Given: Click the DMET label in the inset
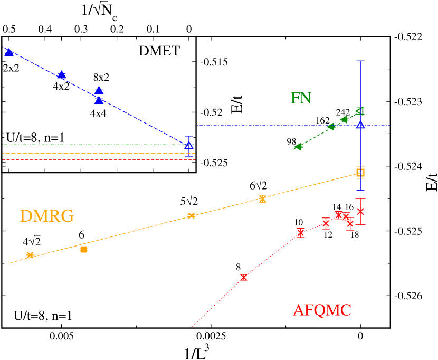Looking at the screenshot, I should click(x=159, y=51).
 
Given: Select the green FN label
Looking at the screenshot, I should click(x=301, y=98).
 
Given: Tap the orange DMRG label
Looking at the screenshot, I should click(x=46, y=216).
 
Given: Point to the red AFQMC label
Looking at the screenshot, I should click(x=322, y=310).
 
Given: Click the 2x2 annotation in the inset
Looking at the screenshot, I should click(x=11, y=68).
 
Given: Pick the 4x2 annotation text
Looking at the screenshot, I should click(x=61, y=86).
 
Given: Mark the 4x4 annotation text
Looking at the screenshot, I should click(x=98, y=112).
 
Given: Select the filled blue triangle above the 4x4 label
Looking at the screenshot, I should click(x=99, y=100).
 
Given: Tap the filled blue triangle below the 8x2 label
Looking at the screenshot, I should click(x=99, y=90).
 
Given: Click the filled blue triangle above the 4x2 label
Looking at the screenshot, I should click(x=61, y=74).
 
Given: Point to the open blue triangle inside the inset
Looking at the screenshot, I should click(x=188, y=145).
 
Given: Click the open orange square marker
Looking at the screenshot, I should click(x=360, y=172).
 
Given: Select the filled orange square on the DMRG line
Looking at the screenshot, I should click(x=83, y=249).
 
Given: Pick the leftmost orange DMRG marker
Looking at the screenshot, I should click(x=30, y=255).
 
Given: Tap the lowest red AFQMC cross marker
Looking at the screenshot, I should click(x=243, y=277).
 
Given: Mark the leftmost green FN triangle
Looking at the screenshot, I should click(x=298, y=147).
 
